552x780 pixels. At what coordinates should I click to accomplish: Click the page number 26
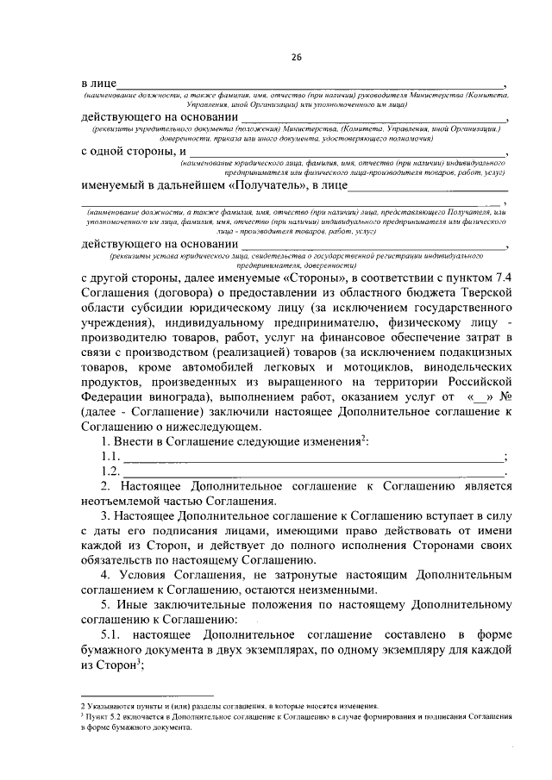point(296,57)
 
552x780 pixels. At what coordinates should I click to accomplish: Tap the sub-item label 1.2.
point(110,471)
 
